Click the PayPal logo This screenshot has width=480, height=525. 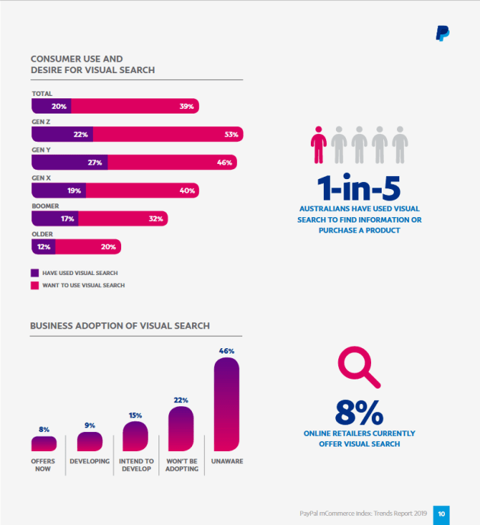pyautogui.click(x=443, y=34)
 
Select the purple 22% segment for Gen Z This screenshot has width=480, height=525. pyautogui.click(x=62, y=134)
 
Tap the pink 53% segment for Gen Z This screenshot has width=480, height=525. pyautogui.click(x=168, y=134)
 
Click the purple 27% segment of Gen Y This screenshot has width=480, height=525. pyautogui.click(x=69, y=162)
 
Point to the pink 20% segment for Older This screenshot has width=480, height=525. pyautogui.click(x=88, y=247)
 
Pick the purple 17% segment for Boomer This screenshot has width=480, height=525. pyautogui.click(x=55, y=219)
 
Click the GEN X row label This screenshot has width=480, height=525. pyautogui.click(x=41, y=178)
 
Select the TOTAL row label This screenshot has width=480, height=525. pyautogui.click(x=42, y=94)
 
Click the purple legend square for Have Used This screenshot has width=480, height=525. pyautogui.click(x=35, y=273)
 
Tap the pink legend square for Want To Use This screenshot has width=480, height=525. pyautogui.click(x=35, y=285)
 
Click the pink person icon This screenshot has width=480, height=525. pyautogui.click(x=318, y=145)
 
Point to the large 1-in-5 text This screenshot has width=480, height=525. pyautogui.click(x=359, y=187)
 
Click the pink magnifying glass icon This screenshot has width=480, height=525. pyautogui.click(x=359, y=367)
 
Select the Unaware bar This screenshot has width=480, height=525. pyautogui.click(x=226, y=404)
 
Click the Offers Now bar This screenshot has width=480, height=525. pyautogui.click(x=44, y=443)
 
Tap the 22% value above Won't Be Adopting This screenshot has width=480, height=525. pyautogui.click(x=181, y=400)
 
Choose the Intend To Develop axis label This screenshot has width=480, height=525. pyautogui.click(x=136, y=465)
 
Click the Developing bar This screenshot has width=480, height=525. pyautogui.click(x=90, y=442)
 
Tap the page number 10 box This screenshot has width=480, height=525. pyautogui.click(x=441, y=514)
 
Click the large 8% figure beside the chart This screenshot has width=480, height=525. pyautogui.click(x=359, y=412)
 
